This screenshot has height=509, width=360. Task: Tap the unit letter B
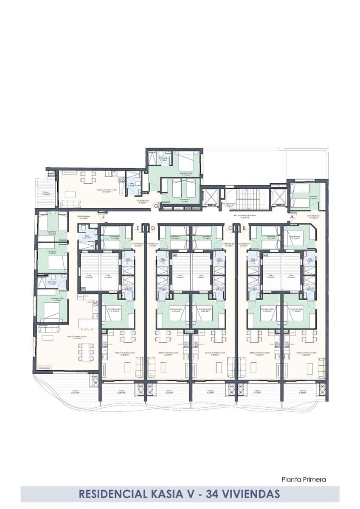pos(244,228)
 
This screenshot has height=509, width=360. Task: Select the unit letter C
pos(231,228)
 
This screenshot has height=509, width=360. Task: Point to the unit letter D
pos(153,228)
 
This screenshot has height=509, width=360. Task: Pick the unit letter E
pos(138,228)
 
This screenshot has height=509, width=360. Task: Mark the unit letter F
pos(103,218)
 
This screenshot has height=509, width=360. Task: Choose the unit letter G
pos(157,207)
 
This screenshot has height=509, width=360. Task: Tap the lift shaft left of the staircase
pos(210,198)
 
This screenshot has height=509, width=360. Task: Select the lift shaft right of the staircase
pos(278,198)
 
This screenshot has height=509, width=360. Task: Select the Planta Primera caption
pos(304,480)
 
